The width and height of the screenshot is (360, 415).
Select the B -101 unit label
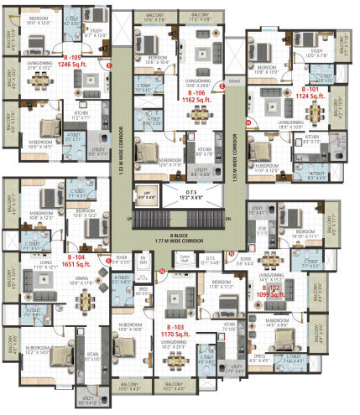(312, 86)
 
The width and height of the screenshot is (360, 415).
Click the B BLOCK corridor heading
(180, 235)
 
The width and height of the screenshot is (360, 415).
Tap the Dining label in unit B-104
(81, 281)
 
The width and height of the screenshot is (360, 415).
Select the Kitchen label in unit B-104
(93, 355)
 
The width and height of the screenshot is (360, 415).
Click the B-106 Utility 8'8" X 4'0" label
(202, 170)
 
